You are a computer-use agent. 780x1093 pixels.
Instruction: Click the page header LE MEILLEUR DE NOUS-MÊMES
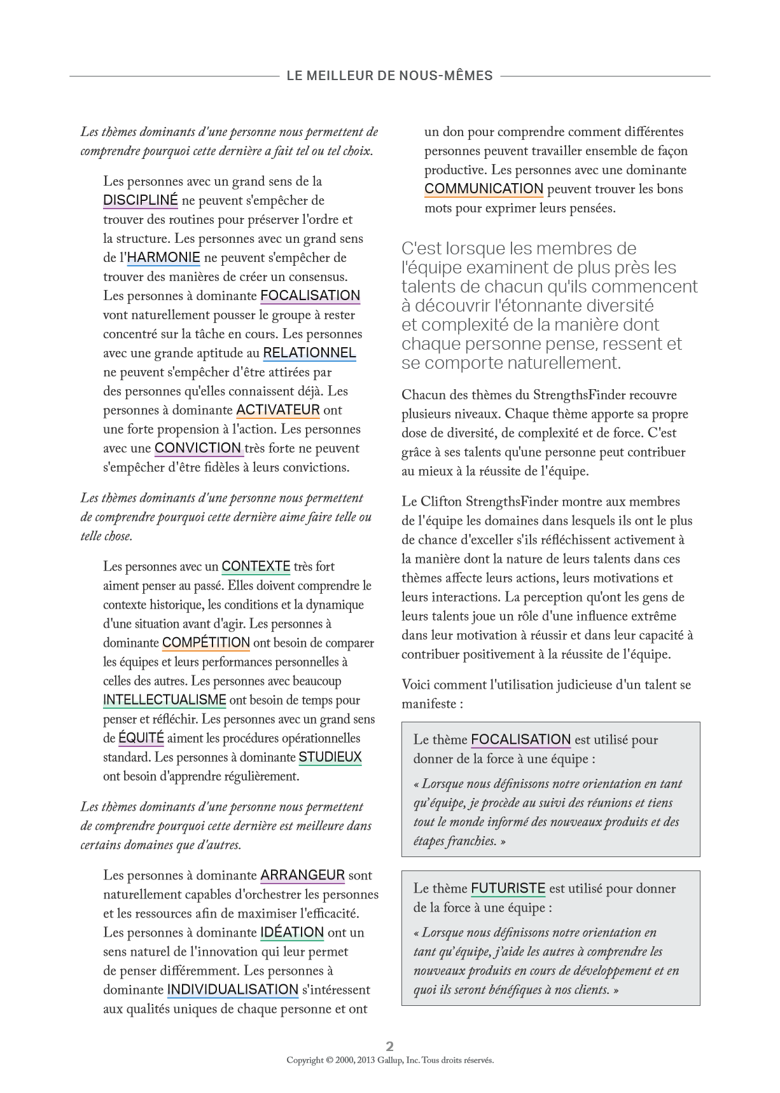[x=389, y=76]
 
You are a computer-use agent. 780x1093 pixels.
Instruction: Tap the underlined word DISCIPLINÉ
[x=140, y=200]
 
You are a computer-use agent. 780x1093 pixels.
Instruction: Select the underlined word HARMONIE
[x=164, y=258]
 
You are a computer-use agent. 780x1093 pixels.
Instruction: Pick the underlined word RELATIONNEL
[x=309, y=353]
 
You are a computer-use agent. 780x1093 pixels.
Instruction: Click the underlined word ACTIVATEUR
[x=278, y=410]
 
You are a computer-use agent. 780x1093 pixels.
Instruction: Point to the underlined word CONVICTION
[x=198, y=448]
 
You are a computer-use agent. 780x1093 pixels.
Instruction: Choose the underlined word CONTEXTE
[x=256, y=567]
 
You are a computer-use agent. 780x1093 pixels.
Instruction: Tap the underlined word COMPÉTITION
[x=206, y=643]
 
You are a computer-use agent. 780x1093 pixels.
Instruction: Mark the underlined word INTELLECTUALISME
[x=165, y=700]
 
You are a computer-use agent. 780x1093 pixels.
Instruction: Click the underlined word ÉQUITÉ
[x=141, y=738]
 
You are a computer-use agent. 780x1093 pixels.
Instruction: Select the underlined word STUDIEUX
[x=330, y=757]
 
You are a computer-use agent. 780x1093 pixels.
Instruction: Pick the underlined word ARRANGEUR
[x=303, y=876]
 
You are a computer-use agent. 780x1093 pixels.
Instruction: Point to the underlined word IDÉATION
[x=292, y=933]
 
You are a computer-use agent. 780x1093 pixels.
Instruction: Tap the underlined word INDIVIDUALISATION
[x=233, y=990]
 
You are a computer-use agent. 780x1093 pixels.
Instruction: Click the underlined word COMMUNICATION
[x=484, y=189]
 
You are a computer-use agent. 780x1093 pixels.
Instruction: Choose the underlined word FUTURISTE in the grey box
[x=508, y=888]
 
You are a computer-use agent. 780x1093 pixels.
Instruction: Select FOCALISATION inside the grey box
[x=521, y=739]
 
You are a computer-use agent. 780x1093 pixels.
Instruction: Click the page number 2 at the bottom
[x=390, y=1046]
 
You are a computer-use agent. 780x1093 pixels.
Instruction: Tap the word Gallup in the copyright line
[x=390, y=1060]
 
